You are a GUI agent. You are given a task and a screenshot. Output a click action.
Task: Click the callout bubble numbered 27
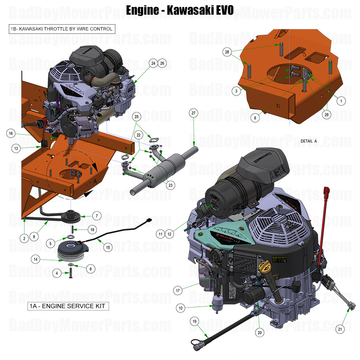coord(194,114)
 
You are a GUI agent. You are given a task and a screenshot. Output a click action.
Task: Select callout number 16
coord(11,134)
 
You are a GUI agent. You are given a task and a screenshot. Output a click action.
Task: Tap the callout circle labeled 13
coord(16,148)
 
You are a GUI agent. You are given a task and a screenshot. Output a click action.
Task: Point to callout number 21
coord(340,329)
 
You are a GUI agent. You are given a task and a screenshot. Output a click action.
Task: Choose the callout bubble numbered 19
coord(195,321)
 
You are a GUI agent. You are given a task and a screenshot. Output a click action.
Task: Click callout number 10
coord(180,308)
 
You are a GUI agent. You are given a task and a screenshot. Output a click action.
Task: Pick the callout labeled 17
coord(178,291)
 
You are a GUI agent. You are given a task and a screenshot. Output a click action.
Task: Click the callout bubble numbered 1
coord(341,100)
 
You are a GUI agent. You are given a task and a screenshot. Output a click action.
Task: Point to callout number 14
coord(36,259)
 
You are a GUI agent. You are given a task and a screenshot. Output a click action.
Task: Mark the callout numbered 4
coord(57,273)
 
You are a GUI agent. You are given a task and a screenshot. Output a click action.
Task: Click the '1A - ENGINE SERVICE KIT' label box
coord(68,306)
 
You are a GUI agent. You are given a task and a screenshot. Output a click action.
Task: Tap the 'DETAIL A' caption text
coord(308,141)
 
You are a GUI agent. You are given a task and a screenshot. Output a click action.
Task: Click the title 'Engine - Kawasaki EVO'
coord(180,10)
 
